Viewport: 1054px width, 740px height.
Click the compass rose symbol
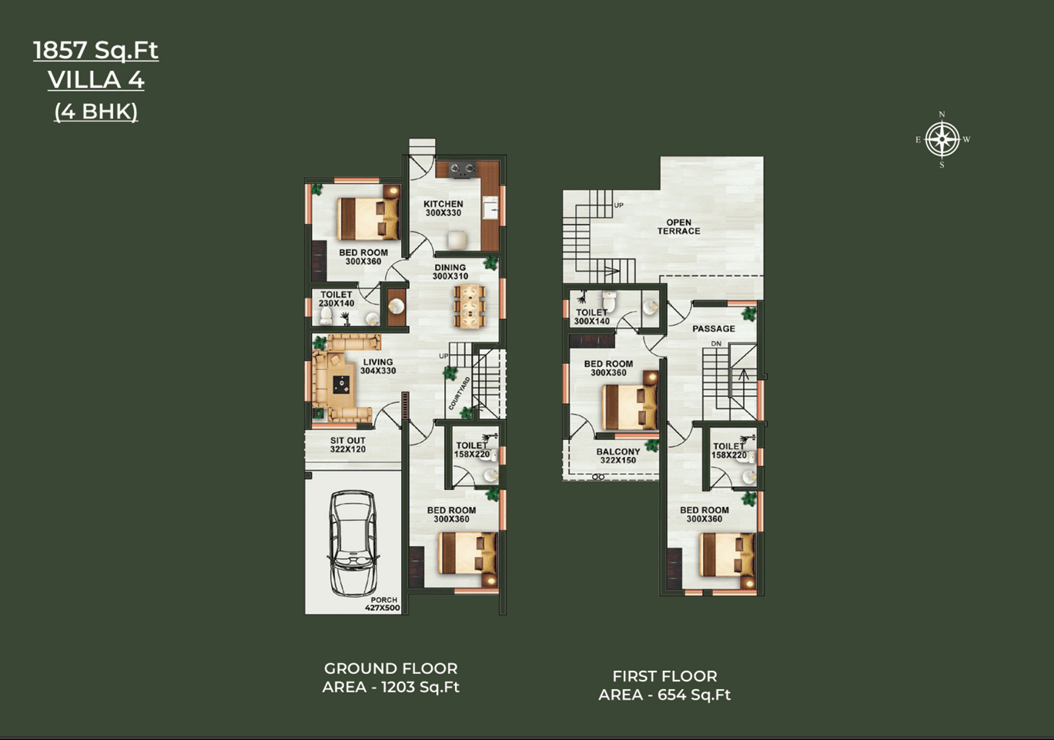click(942, 140)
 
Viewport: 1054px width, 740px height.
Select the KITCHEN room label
click(443, 204)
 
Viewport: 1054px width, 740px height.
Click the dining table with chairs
click(469, 305)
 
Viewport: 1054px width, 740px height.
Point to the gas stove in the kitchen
click(462, 169)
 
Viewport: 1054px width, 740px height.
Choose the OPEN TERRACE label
click(678, 227)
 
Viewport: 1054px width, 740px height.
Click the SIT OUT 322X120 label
click(348, 445)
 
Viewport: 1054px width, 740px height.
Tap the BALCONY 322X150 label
click(617, 455)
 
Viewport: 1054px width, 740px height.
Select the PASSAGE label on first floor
click(714, 328)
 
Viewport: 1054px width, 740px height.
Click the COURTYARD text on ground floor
click(459, 393)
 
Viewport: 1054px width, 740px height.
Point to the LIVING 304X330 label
click(378, 366)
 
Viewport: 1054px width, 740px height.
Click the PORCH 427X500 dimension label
click(383, 604)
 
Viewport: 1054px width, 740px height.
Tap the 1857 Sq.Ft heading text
click(95, 50)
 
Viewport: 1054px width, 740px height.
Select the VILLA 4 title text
click(95, 80)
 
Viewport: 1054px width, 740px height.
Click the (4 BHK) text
click(95, 112)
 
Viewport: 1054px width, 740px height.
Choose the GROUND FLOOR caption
click(390, 668)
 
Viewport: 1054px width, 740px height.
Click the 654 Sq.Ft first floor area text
click(694, 695)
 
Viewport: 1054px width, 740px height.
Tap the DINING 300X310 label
click(450, 272)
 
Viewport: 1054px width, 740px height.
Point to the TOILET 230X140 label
click(336, 299)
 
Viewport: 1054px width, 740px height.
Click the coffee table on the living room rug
click(341, 385)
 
